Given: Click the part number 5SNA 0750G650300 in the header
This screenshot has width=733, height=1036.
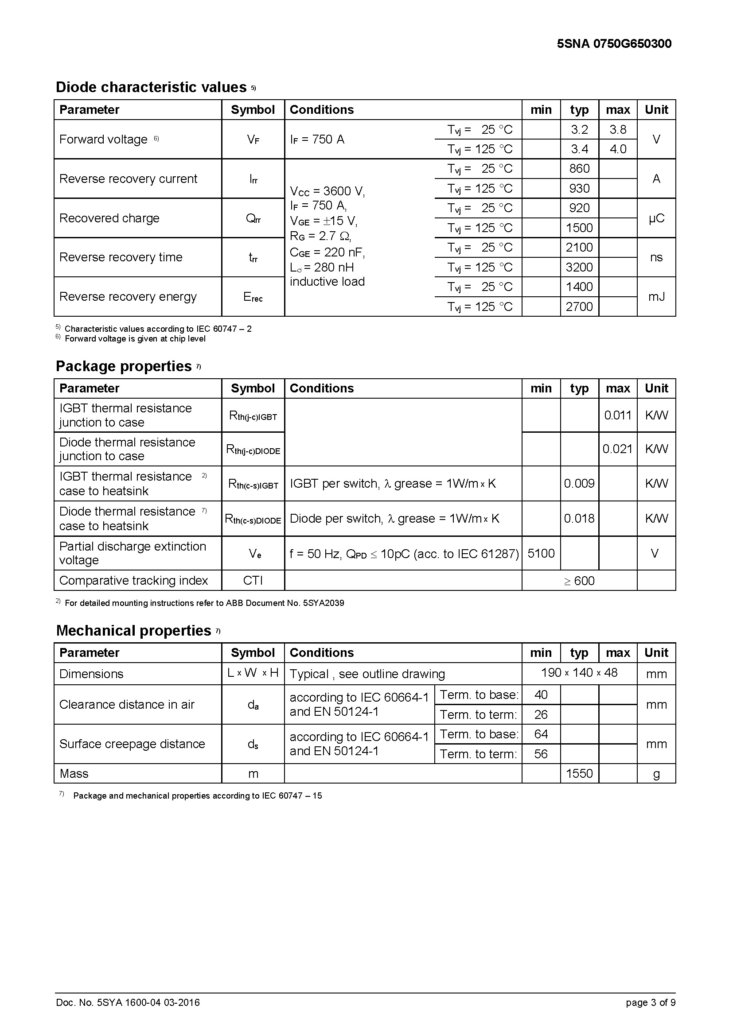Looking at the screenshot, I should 614,44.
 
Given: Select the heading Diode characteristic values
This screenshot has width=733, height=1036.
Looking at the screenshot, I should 151,87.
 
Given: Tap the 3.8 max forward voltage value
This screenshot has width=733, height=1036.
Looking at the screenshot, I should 617,130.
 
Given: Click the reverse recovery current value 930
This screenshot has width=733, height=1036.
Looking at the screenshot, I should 579,188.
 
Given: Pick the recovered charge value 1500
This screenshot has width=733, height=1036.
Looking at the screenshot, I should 579,228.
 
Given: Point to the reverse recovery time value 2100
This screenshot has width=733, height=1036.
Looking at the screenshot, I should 579,247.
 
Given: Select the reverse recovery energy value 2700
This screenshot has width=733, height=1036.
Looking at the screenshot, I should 579,307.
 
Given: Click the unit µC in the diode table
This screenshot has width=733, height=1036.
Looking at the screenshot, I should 656,218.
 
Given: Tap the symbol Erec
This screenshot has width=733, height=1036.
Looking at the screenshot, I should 253,297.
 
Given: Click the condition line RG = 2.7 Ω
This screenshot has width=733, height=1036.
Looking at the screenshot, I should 320,236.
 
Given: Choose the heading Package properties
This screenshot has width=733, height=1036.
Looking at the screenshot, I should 124,366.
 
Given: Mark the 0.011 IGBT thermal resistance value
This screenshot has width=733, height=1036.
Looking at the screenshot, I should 617,415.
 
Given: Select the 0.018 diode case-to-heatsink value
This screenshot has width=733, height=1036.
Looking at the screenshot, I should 579,519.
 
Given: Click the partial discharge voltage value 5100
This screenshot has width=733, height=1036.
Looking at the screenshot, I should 541,553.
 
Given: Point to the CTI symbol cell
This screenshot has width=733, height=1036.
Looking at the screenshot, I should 253,580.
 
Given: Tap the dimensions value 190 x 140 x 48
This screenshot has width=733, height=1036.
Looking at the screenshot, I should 579,673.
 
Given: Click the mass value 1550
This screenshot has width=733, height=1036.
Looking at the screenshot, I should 579,773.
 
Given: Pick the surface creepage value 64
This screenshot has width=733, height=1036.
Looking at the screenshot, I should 541,734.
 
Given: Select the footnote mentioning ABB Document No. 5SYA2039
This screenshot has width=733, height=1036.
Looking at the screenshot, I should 204,603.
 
